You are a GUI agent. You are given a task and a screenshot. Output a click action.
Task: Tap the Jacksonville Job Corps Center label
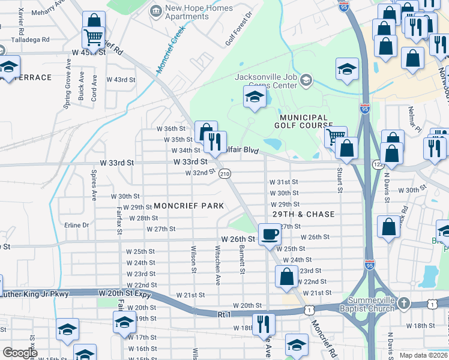click(265, 81)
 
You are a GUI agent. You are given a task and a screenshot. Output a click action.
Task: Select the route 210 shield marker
click(224, 174)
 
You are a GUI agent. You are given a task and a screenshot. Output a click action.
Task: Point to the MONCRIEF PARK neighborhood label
click(188, 206)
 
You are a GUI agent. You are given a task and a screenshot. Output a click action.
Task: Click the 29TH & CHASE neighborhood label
click(304, 214)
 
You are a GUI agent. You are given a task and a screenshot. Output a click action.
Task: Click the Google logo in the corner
click(20, 353)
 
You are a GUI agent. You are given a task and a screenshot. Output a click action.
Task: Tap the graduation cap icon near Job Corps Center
click(255, 97)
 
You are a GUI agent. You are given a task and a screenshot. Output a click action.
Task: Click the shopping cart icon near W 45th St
click(93, 37)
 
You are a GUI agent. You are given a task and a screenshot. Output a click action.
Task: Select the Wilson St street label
click(193, 258)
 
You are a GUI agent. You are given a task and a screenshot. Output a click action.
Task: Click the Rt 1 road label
click(225, 314)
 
